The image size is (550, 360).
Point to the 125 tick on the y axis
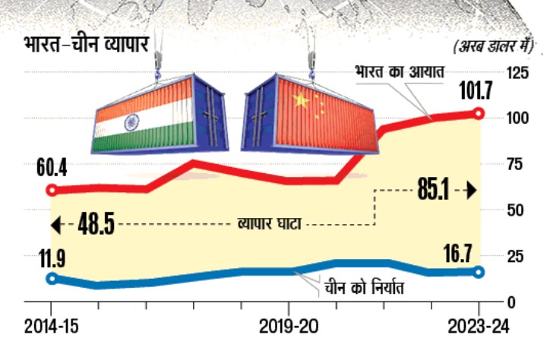[x=518, y=73]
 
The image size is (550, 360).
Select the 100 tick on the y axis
[x=518, y=118]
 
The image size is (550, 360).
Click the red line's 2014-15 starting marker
[x=52, y=190]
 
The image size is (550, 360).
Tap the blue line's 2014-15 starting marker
[x=52, y=279]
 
